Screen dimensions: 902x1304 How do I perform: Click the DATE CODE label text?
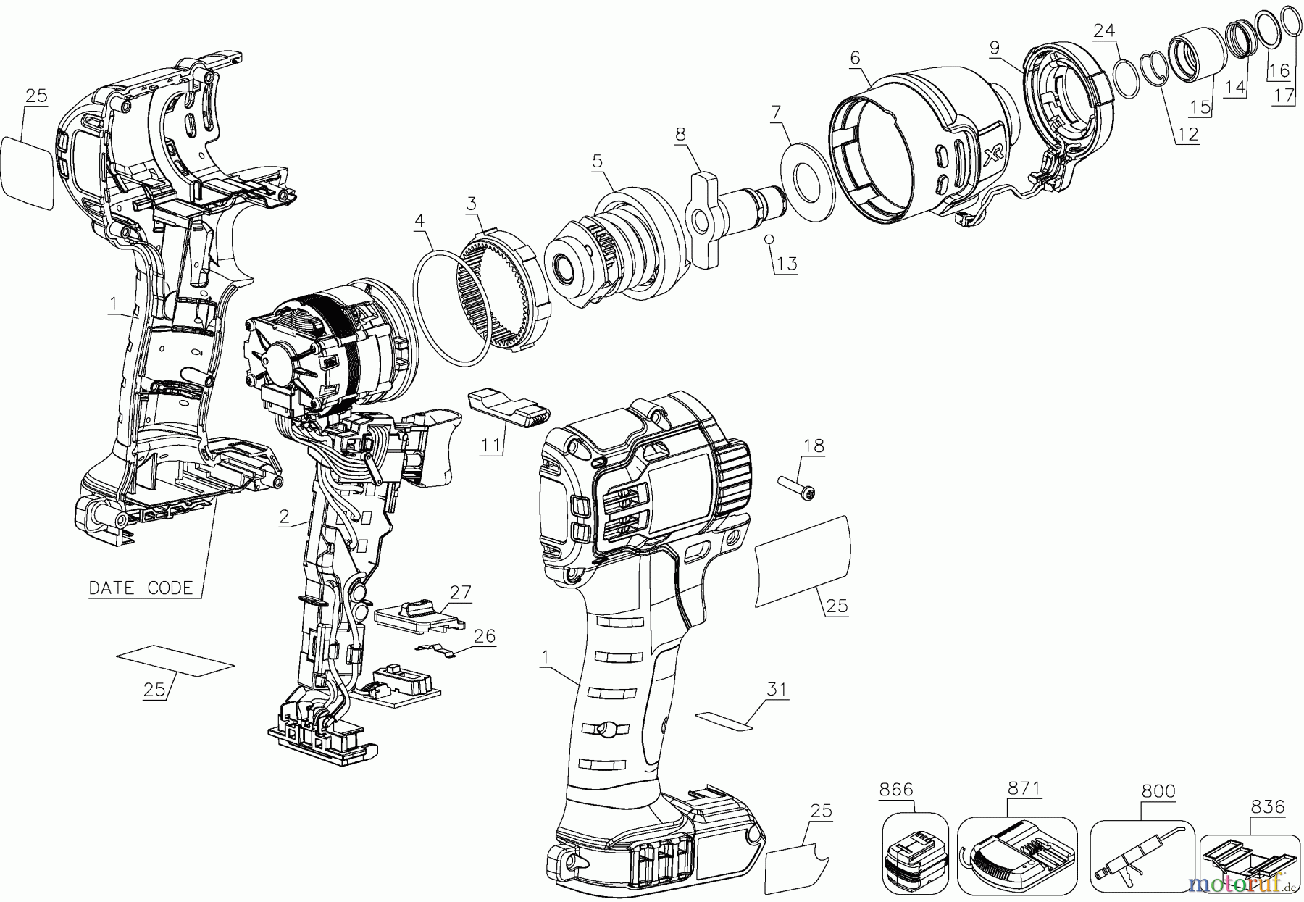(141, 588)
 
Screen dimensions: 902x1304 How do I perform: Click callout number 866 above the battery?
(896, 790)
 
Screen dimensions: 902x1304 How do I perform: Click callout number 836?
(1267, 806)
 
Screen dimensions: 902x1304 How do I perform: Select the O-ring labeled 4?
(454, 308)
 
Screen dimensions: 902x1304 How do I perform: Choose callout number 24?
(1103, 30)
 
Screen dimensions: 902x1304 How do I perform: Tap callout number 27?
(460, 592)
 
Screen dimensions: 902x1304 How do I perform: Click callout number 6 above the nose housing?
(855, 57)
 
